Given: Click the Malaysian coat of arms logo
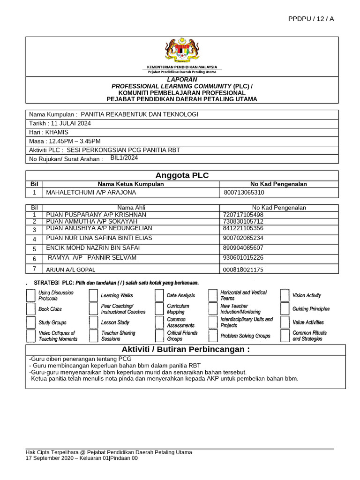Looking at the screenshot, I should click(182, 51).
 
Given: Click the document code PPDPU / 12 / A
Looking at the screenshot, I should click(312, 19).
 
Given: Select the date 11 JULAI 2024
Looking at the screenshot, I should click(72, 123).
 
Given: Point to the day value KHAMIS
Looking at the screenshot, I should click(60, 132).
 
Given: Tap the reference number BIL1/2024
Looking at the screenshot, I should click(125, 158).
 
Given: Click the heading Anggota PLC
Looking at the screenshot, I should click(181, 176).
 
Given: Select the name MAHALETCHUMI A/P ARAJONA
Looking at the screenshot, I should click(91, 193).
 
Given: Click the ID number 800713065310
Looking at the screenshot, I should click(244, 193).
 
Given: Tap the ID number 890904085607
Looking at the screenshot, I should click(244, 248).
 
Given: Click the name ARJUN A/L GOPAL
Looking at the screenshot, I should click(70, 270).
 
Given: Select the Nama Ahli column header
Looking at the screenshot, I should click(131, 208).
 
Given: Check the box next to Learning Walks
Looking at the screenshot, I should click(94, 295).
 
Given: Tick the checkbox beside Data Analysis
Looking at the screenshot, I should click(159, 295).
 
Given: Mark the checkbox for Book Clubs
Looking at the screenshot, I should click(30, 309).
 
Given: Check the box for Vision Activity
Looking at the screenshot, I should click(285, 295).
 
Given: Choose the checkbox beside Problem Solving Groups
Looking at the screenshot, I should click(213, 336).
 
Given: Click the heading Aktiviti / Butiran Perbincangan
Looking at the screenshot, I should click(186, 350).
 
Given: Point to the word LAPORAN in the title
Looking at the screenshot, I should click(182, 80).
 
